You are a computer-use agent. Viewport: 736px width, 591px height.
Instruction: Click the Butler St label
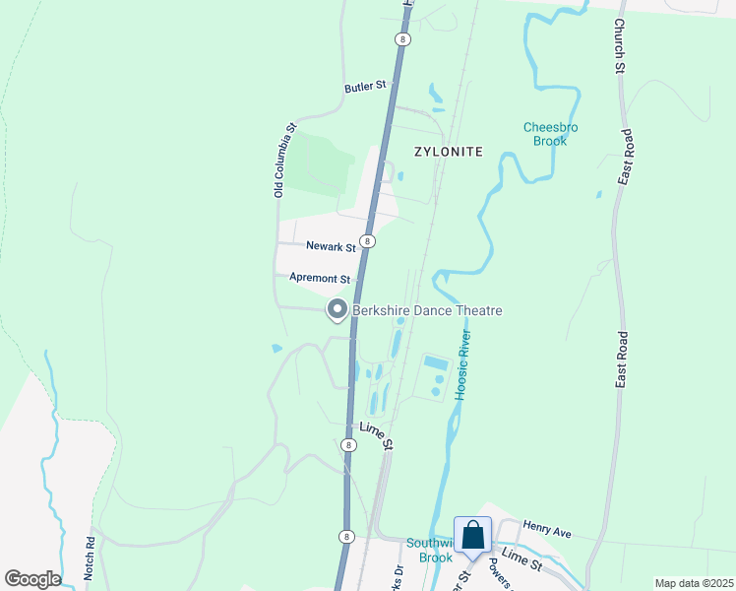click(365, 88)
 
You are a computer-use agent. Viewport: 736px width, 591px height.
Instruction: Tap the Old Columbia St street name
click(284, 161)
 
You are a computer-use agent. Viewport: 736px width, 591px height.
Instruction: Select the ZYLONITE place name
click(449, 152)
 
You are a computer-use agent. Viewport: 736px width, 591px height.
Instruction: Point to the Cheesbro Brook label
click(551, 134)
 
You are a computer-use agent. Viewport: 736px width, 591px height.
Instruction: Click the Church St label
click(620, 46)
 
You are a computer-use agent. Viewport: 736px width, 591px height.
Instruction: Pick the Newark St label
click(330, 246)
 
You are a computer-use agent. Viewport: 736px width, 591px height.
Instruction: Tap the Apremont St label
click(320, 279)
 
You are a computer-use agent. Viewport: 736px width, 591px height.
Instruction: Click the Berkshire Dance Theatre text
click(427, 311)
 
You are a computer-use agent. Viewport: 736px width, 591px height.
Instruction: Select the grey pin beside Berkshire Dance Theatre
click(337, 310)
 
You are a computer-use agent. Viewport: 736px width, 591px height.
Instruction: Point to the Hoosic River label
click(463, 364)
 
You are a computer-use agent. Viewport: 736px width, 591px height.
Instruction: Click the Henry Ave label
click(547, 532)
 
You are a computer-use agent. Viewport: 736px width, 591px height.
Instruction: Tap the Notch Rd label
click(90, 558)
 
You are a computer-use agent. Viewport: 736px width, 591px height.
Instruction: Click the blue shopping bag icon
click(472, 535)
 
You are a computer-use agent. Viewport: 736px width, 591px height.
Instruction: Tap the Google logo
click(31, 579)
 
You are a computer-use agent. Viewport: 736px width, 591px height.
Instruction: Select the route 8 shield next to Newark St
click(367, 240)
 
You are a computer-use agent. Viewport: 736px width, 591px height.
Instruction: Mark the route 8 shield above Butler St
click(401, 38)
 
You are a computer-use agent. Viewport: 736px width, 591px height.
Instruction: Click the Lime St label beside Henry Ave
click(521, 560)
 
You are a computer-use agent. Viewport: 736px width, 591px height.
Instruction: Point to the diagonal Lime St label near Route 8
click(376, 435)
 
